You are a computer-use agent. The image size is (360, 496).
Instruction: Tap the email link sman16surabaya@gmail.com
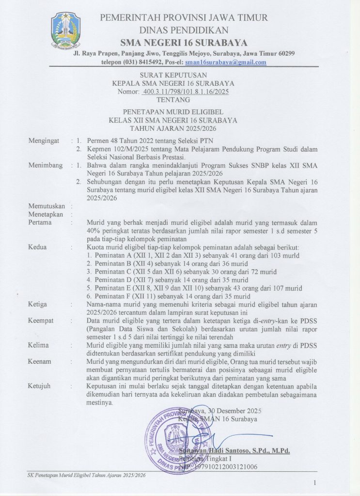point(226,62)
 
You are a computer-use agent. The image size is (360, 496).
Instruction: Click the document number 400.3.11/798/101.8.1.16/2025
point(187,91)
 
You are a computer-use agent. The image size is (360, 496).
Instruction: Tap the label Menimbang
point(46,165)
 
